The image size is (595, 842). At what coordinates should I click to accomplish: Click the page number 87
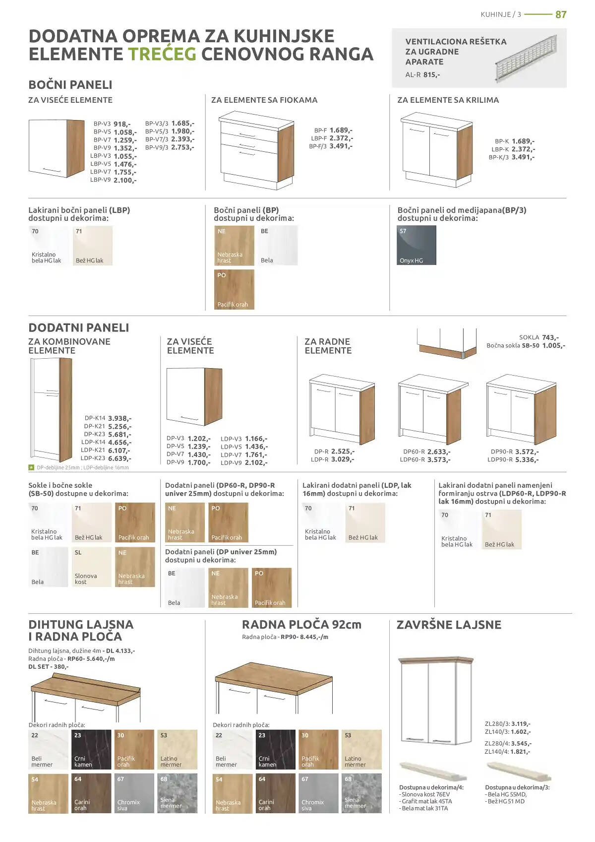point(561,15)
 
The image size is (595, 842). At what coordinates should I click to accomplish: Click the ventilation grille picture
point(526,57)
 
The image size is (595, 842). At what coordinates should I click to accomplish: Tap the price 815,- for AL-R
point(431,75)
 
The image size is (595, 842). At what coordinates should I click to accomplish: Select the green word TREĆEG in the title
point(162,54)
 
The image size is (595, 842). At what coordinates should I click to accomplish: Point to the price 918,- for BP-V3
point(122,124)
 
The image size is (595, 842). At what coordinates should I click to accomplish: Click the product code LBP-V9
point(100,180)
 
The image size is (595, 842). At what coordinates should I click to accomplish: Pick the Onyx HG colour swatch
point(416,245)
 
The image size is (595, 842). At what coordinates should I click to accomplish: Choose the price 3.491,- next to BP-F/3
point(341,146)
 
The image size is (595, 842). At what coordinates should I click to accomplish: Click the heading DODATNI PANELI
point(79,328)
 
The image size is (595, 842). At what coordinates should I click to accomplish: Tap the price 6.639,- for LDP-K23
point(119,458)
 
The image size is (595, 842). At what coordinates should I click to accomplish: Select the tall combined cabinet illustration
point(51,410)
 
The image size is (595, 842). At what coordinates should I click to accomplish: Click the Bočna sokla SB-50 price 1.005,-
point(554,345)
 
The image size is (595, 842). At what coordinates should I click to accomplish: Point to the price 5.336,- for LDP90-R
point(527,460)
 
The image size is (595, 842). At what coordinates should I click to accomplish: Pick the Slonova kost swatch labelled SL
point(92,567)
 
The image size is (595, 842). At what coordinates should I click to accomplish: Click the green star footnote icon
point(31,467)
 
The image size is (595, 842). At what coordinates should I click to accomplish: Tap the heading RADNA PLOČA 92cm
point(301,625)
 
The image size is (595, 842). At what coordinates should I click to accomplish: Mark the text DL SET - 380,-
point(49,667)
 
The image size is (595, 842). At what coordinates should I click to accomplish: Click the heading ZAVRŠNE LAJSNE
point(449,625)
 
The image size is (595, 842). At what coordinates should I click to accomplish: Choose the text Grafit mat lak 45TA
point(427,801)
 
